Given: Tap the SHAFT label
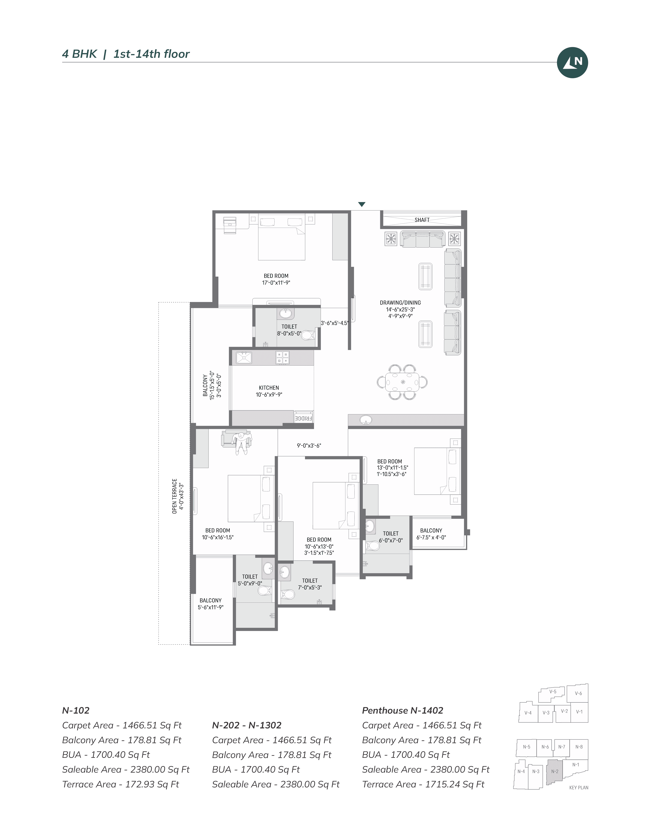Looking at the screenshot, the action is coord(422,220).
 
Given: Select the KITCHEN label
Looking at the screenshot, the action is coord(269,388).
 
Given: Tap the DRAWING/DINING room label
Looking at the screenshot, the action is coord(400,303).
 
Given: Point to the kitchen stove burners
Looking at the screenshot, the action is coord(282,357).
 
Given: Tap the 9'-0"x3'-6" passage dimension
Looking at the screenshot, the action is coord(309,446).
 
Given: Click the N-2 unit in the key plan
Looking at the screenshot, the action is coord(555,772).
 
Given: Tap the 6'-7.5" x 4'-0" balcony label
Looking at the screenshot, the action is coord(431,537).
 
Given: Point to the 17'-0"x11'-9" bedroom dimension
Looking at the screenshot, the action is coord(276,282).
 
